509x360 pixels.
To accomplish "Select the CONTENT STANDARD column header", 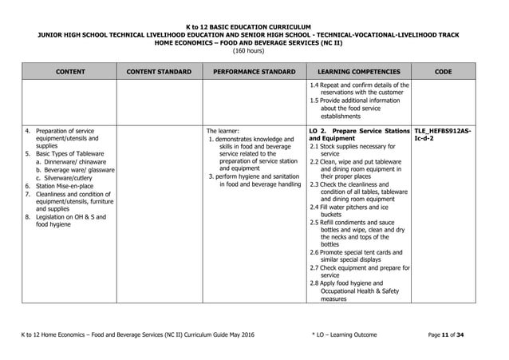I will (x=159, y=72).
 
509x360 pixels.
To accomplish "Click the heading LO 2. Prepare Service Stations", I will (x=358, y=130).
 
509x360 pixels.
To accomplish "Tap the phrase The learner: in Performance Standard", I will (x=223, y=130).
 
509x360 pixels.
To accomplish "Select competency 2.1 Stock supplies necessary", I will (x=356, y=150).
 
